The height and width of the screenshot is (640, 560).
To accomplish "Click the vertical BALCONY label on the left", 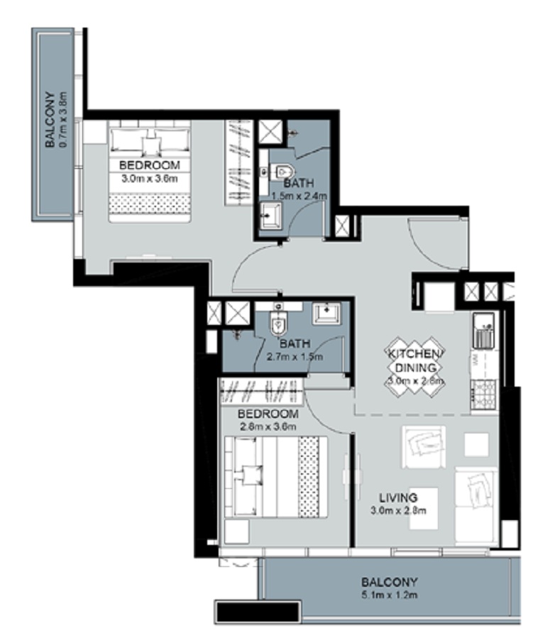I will coord(50,121).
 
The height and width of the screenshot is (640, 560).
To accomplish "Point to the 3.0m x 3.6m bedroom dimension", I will coord(149,177).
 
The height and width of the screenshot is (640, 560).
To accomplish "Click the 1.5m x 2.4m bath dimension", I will coord(298,195).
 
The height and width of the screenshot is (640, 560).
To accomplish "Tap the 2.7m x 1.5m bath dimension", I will coord(294,357).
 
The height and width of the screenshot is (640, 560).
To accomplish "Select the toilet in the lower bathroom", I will coord(278,323).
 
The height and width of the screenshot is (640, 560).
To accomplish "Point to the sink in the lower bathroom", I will coord(326,312).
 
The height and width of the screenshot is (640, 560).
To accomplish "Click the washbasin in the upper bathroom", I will coord(270,215).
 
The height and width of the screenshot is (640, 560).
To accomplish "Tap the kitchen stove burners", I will coord(485,395).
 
